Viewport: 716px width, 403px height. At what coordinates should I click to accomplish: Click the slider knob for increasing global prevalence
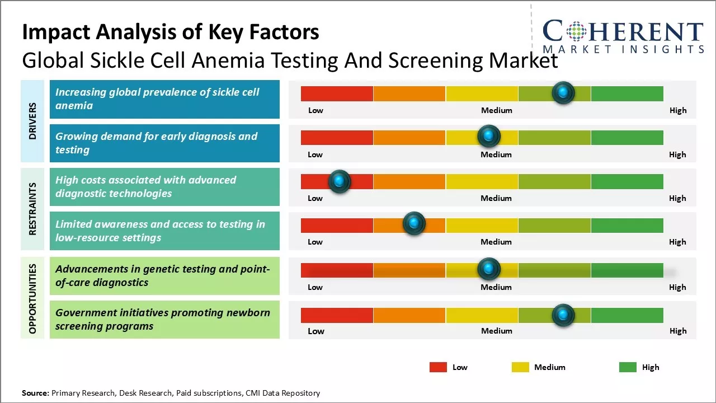pyautogui.click(x=563, y=92)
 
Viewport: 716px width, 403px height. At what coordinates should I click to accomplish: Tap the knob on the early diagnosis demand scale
pyautogui.click(x=489, y=136)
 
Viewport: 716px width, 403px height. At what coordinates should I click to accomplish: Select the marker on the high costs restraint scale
pyautogui.click(x=339, y=181)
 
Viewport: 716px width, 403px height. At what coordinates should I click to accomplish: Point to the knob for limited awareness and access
pyautogui.click(x=414, y=224)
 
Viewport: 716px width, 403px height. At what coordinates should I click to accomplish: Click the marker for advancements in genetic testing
pyautogui.click(x=489, y=269)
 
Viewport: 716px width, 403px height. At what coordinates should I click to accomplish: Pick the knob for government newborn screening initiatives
pyautogui.click(x=563, y=315)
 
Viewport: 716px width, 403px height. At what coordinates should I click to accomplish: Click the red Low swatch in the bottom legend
pyautogui.click(x=438, y=367)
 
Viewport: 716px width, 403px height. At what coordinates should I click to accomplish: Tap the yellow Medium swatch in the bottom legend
pyautogui.click(x=520, y=367)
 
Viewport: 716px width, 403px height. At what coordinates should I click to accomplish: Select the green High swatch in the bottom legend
pyautogui.click(x=628, y=367)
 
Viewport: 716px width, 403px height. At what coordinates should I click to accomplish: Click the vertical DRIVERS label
pyautogui.click(x=32, y=121)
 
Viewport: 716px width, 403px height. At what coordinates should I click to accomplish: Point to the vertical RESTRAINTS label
pyautogui.click(x=32, y=209)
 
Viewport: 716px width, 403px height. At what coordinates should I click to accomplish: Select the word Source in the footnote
pyautogui.click(x=35, y=393)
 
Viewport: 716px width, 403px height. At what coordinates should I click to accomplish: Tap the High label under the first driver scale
pyautogui.click(x=678, y=110)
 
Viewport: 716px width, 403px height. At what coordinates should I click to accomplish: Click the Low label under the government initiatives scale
pyautogui.click(x=316, y=331)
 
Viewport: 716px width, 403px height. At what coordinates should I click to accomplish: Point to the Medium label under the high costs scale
pyautogui.click(x=496, y=198)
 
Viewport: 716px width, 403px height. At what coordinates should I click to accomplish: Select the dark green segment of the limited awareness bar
pyautogui.click(x=627, y=225)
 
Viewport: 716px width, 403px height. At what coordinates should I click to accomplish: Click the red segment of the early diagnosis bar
pyautogui.click(x=337, y=138)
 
